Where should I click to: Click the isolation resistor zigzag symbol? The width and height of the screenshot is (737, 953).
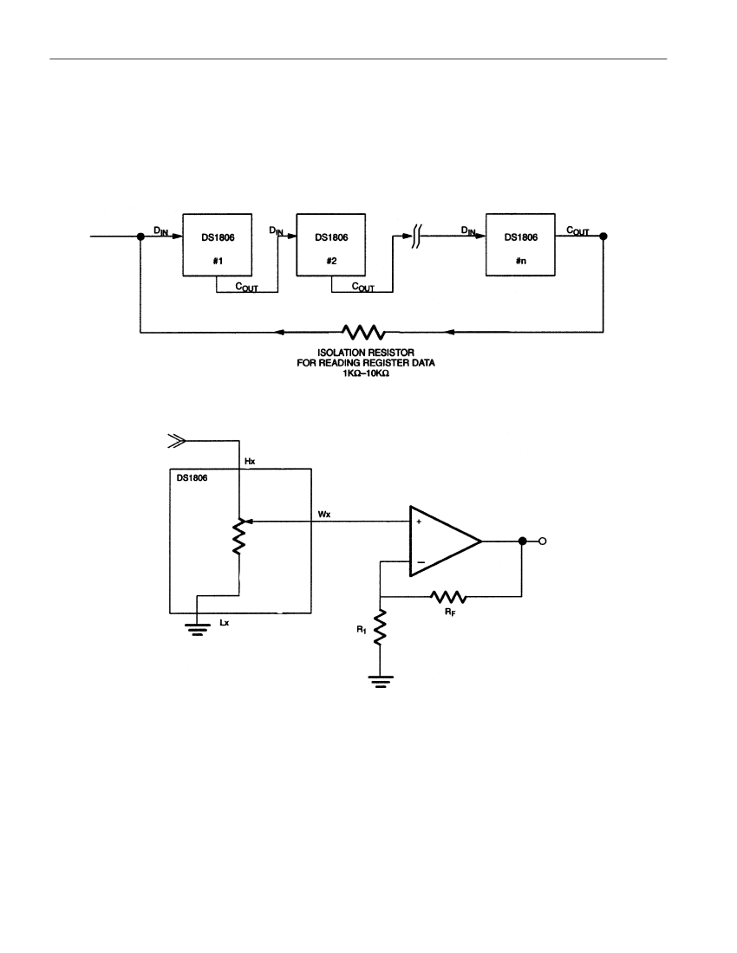point(363,332)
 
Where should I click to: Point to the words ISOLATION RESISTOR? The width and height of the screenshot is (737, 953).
point(365,353)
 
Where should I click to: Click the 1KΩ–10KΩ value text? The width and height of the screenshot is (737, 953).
point(365,373)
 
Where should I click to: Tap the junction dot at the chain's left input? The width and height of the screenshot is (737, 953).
point(140,237)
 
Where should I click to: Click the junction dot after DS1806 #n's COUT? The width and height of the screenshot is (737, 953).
point(603,237)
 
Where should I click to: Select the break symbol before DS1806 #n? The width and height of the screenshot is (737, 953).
point(416,237)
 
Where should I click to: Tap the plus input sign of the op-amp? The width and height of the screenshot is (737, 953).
point(419,522)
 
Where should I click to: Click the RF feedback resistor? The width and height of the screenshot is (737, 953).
point(449,596)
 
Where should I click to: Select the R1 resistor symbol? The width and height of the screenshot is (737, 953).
point(380,628)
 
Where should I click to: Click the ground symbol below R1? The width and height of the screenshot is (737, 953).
point(380,681)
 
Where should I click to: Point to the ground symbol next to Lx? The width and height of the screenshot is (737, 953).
point(197,629)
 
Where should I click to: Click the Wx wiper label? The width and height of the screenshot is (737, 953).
point(324,514)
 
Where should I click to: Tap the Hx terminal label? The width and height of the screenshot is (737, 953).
point(250,461)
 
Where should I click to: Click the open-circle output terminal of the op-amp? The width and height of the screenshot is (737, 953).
point(543,541)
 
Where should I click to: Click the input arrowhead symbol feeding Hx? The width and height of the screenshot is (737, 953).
point(177,441)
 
